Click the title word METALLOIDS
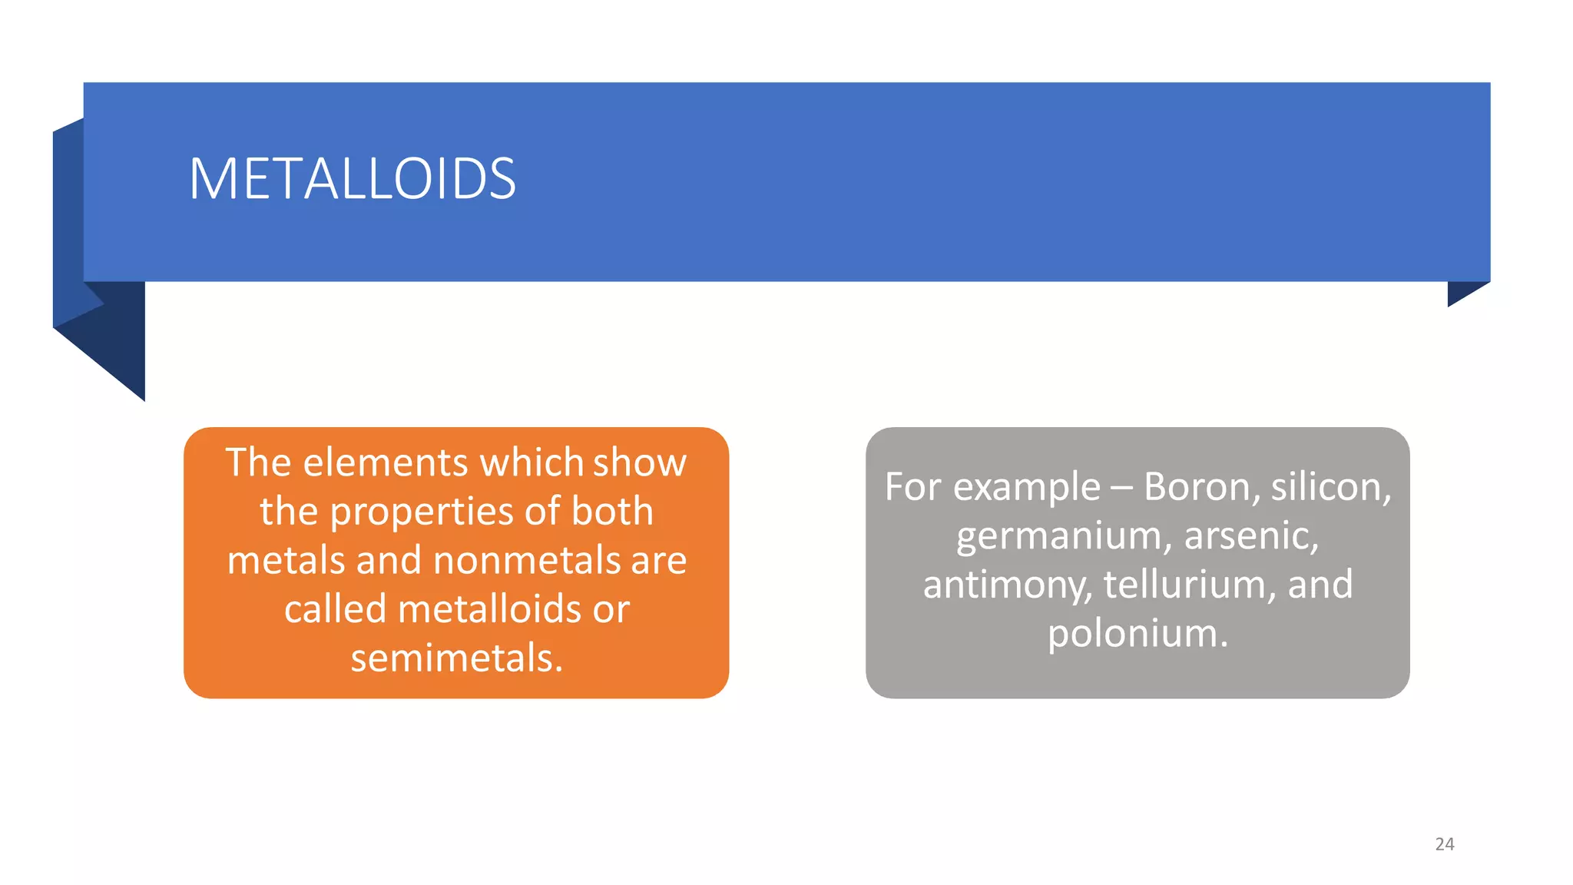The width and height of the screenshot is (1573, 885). coord(352,179)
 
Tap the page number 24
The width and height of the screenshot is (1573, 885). coord(1444,844)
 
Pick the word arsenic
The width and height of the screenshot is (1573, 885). coord(1251,536)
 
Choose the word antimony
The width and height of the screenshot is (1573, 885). coord(1007,585)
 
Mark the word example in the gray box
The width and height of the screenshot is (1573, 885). coord(1026,487)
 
